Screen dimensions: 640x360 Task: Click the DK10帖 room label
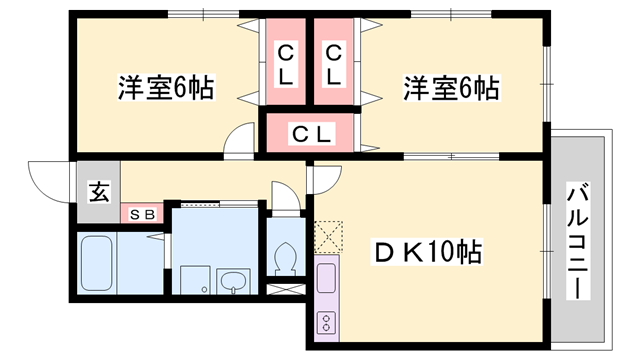click(x=427, y=252)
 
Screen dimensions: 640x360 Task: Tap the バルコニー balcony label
click(x=578, y=241)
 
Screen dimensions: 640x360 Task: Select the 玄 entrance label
click(x=99, y=192)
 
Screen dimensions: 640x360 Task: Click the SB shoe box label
click(x=142, y=214)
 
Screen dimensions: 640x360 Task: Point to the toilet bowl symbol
click(x=286, y=259)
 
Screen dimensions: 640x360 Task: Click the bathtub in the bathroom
click(x=97, y=264)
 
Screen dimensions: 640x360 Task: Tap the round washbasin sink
click(x=233, y=281)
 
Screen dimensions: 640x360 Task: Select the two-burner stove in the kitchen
click(x=327, y=322)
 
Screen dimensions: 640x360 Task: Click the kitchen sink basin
click(x=327, y=278)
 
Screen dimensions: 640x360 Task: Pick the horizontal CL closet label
click(x=311, y=134)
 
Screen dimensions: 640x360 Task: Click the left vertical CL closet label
click(x=285, y=64)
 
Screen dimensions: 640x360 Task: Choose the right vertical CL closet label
click(x=333, y=64)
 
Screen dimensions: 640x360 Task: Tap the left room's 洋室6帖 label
click(x=166, y=87)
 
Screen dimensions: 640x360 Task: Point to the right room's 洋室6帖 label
click(x=451, y=87)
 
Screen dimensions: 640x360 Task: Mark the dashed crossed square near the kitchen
click(x=329, y=237)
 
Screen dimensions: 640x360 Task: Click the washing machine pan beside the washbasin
click(x=195, y=280)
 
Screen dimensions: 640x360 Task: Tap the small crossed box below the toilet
click(x=285, y=289)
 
